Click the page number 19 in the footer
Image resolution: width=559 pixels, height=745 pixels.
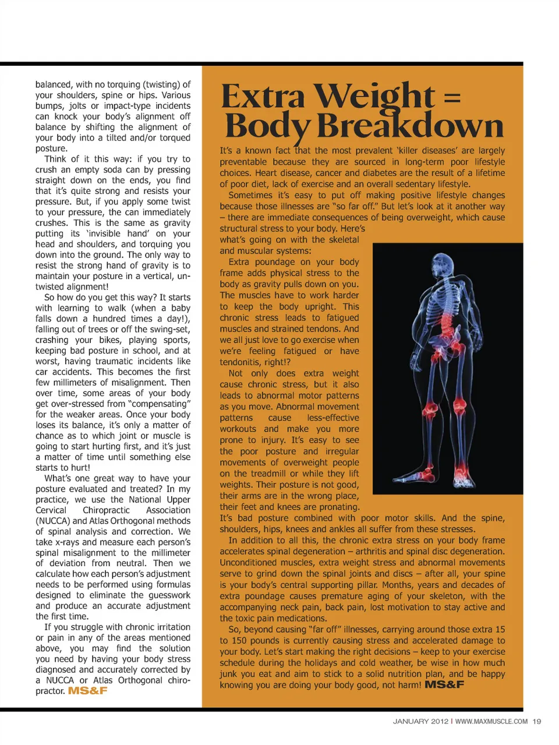(537, 721)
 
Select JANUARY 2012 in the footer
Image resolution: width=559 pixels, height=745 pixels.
(420, 721)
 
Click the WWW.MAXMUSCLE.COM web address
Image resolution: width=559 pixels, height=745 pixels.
(491, 721)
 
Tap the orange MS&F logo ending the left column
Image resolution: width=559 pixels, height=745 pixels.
(88, 691)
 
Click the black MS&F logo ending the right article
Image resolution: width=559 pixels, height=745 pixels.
(444, 685)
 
